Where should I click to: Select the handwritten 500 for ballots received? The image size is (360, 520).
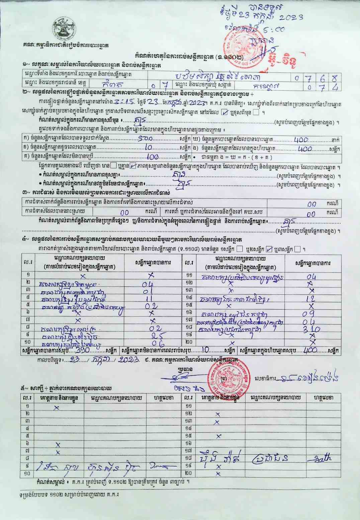click(146, 138)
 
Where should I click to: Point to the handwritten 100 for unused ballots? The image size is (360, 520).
click(152, 156)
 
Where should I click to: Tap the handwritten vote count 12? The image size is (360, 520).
click(310, 299)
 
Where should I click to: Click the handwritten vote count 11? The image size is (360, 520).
click(150, 298)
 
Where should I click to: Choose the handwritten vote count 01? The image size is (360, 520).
click(148, 291)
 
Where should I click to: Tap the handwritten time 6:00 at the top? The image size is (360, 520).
click(277, 29)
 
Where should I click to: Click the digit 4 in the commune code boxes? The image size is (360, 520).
click(334, 87)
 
